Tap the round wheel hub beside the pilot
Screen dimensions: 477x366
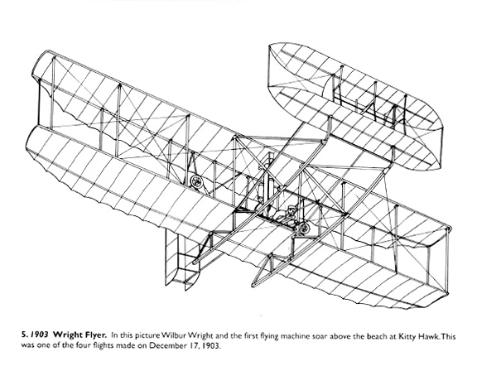[x=303, y=229]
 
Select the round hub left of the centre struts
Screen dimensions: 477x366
[x=196, y=181]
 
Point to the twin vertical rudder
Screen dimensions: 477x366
[x=182, y=258]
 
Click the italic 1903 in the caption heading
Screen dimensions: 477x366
[x=40, y=335]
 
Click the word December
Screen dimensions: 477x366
[x=165, y=345]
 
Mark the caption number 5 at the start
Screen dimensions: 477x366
[x=24, y=335]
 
